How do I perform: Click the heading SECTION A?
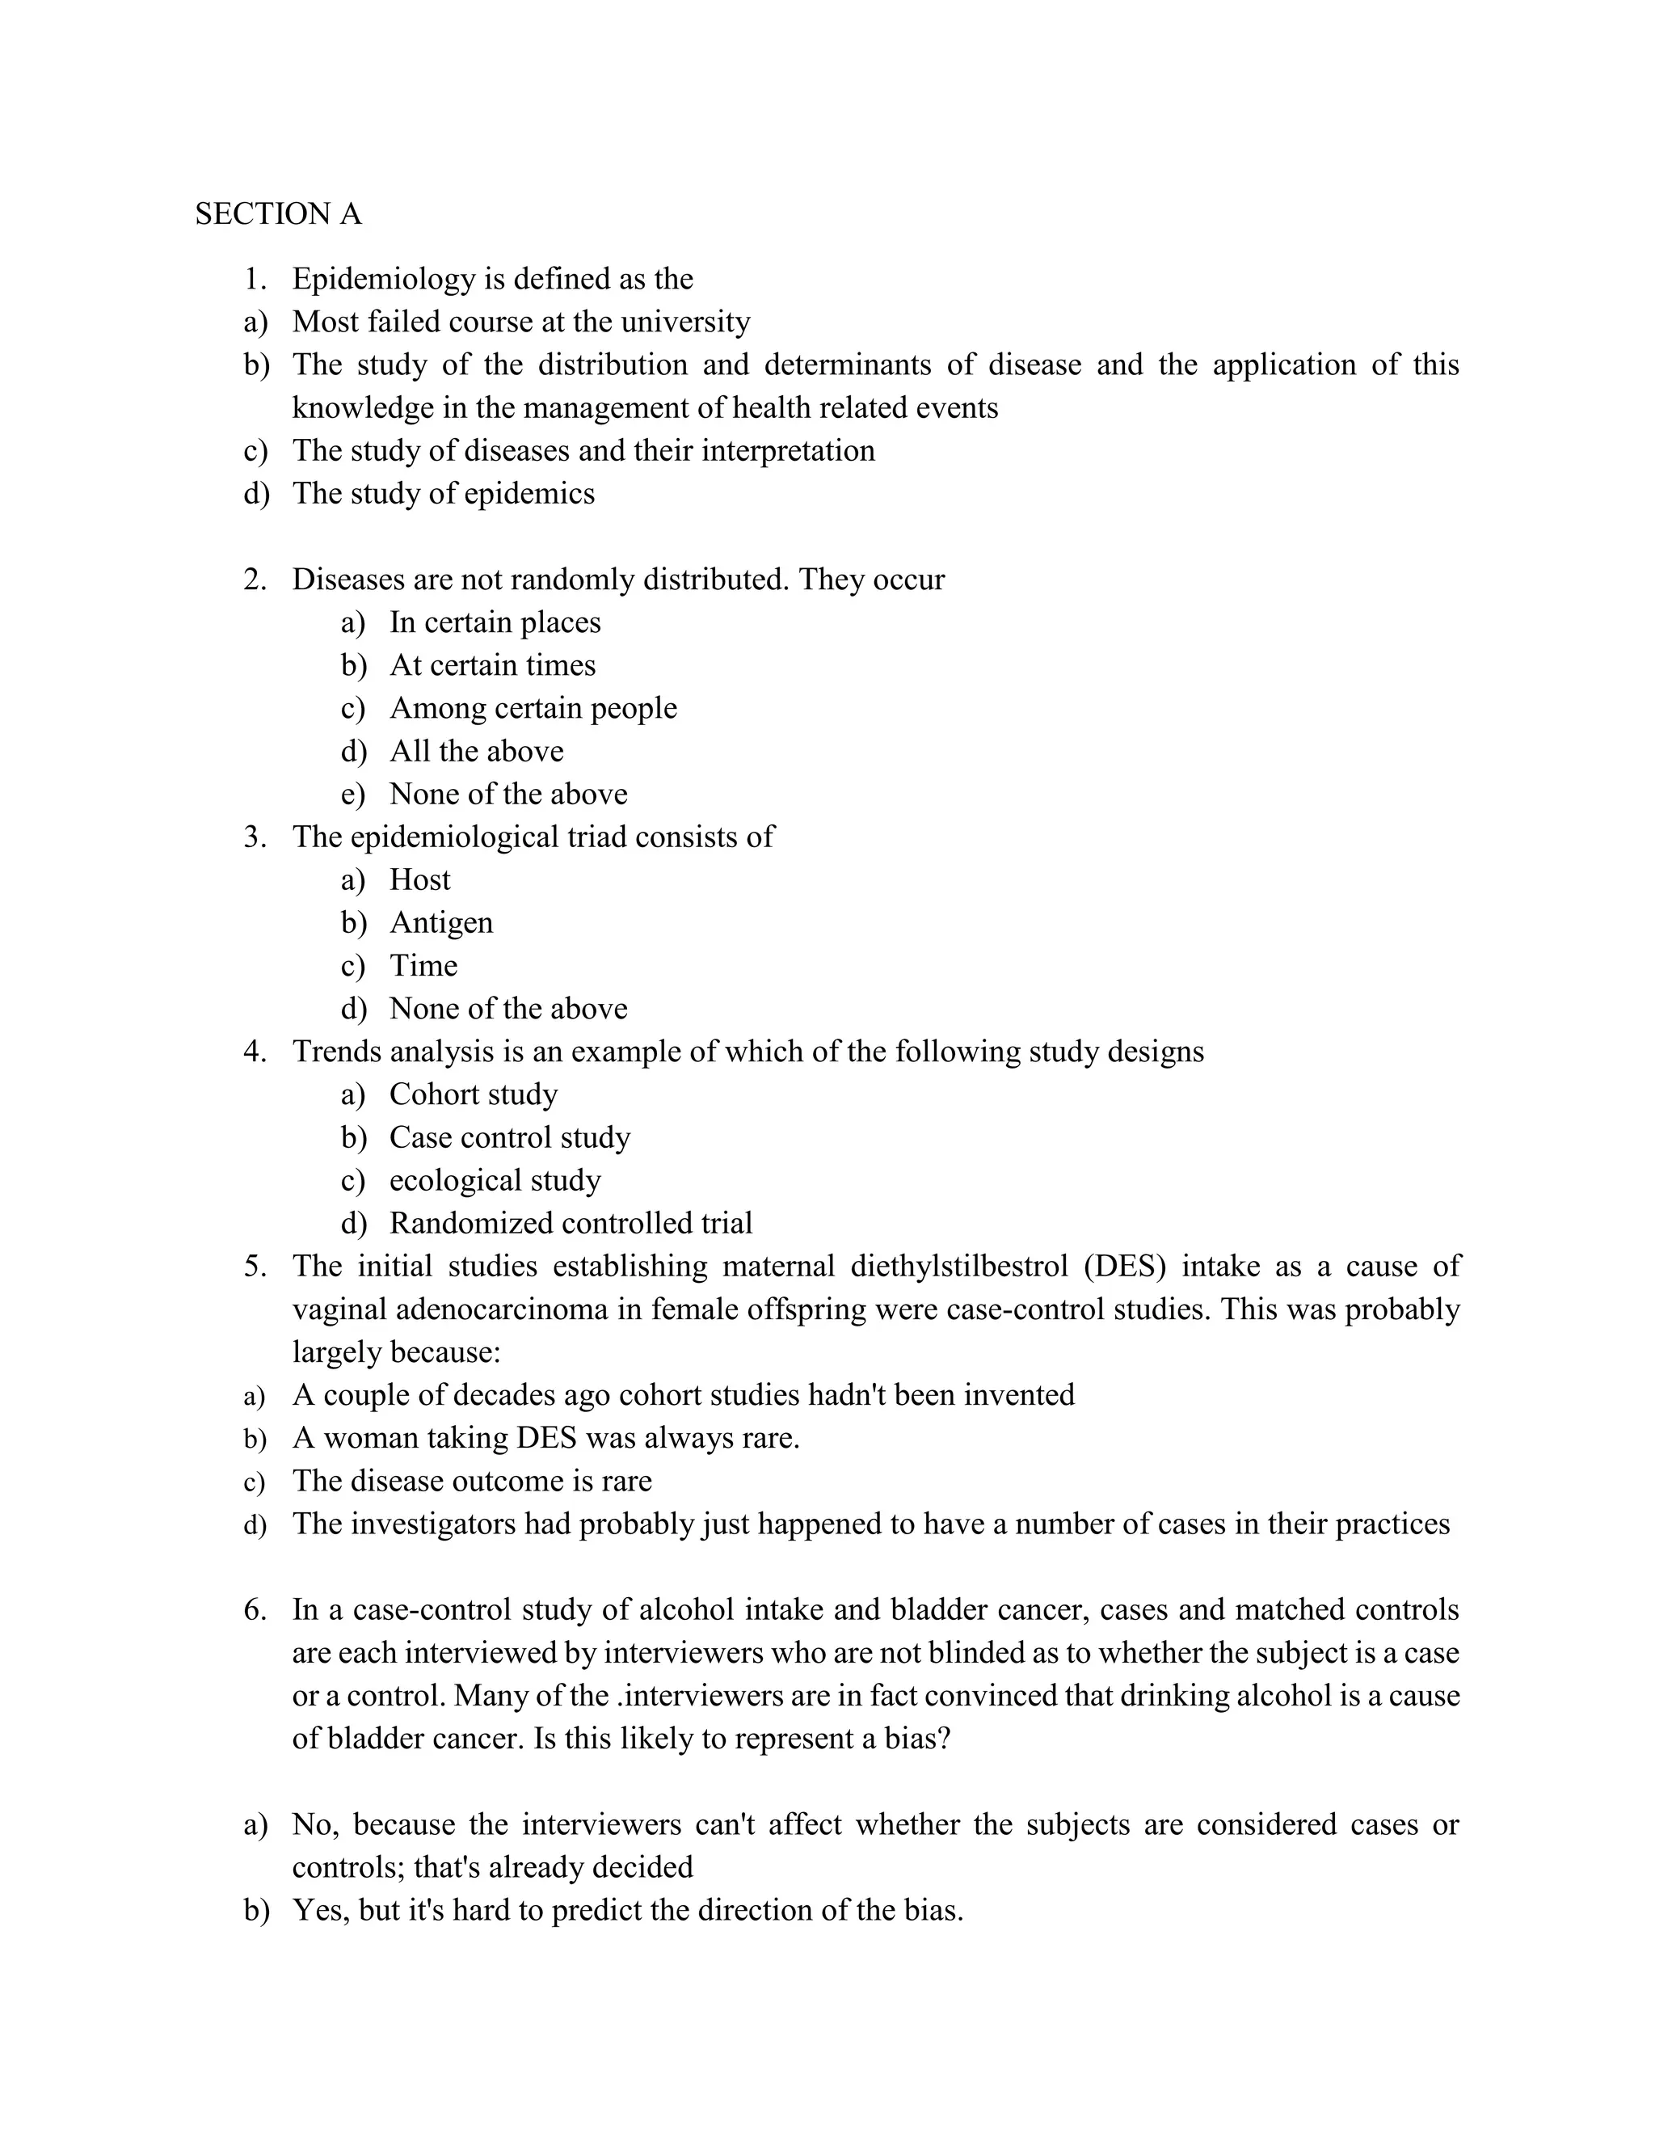tap(279, 214)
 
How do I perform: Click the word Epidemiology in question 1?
tap(382, 280)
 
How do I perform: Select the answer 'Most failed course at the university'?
tap(520, 322)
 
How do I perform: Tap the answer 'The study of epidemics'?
tap(443, 493)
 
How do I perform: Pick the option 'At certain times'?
tap(492, 666)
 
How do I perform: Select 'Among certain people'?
tap(533, 708)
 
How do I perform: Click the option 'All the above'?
tap(477, 751)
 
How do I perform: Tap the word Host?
tap(419, 879)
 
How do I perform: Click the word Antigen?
tap(441, 923)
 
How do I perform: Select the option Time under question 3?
tap(423, 966)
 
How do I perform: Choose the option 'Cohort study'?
tap(474, 1094)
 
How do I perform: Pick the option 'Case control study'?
tap(510, 1138)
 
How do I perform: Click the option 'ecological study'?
tap(495, 1181)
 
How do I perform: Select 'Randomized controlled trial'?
tap(571, 1224)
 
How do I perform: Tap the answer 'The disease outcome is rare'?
tap(472, 1481)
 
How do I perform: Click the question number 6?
tap(255, 1610)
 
